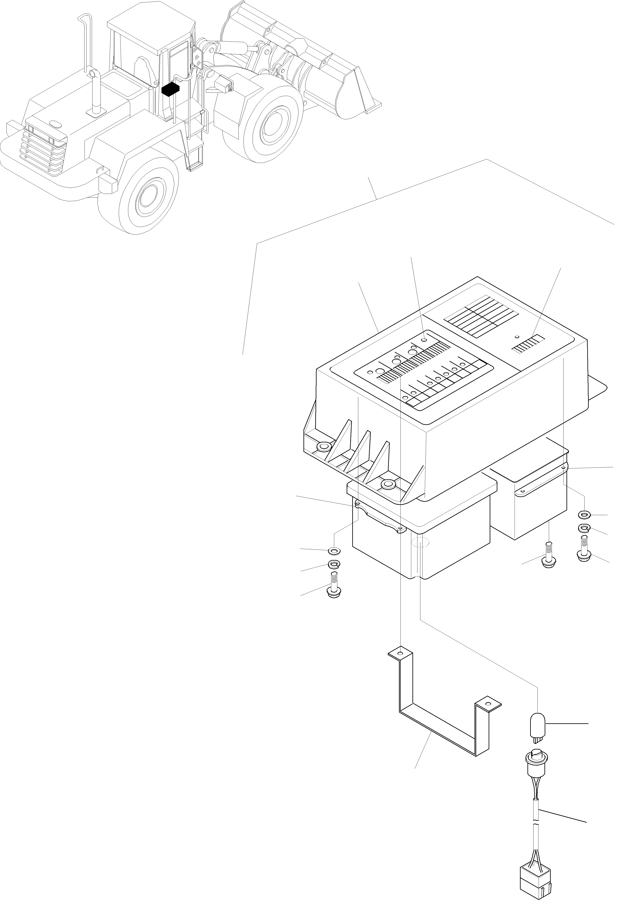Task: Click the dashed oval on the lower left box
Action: pyautogui.click(x=420, y=543)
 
